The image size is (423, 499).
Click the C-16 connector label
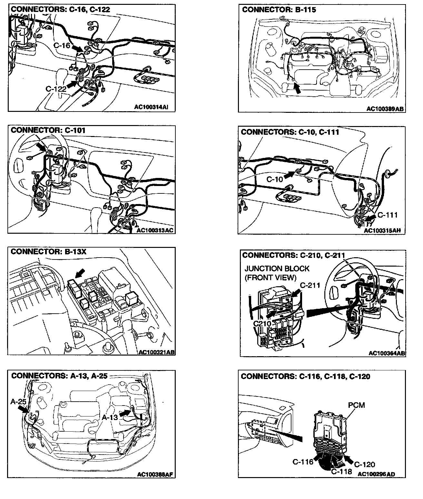62,45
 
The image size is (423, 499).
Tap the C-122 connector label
56,89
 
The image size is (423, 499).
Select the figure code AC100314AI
151,107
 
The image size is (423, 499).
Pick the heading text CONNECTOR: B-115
279,10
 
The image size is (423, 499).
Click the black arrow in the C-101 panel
41,148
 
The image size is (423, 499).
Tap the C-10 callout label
274,180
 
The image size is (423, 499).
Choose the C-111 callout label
387,215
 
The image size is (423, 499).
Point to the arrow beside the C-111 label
370,218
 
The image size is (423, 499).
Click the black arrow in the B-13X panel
80,274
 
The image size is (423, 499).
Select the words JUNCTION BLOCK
277,269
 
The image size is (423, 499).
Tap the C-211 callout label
310,285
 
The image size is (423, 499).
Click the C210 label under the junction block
262,324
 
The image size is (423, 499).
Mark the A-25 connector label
18,401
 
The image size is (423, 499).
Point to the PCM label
356,405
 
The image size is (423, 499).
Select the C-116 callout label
302,462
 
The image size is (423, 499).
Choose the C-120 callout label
365,464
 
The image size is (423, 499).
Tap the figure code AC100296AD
376,474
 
